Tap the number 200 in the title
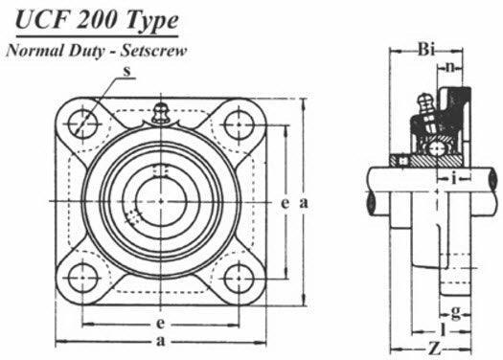[94, 22]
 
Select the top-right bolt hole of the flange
[237, 124]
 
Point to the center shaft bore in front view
[160, 201]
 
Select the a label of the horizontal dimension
[159, 342]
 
